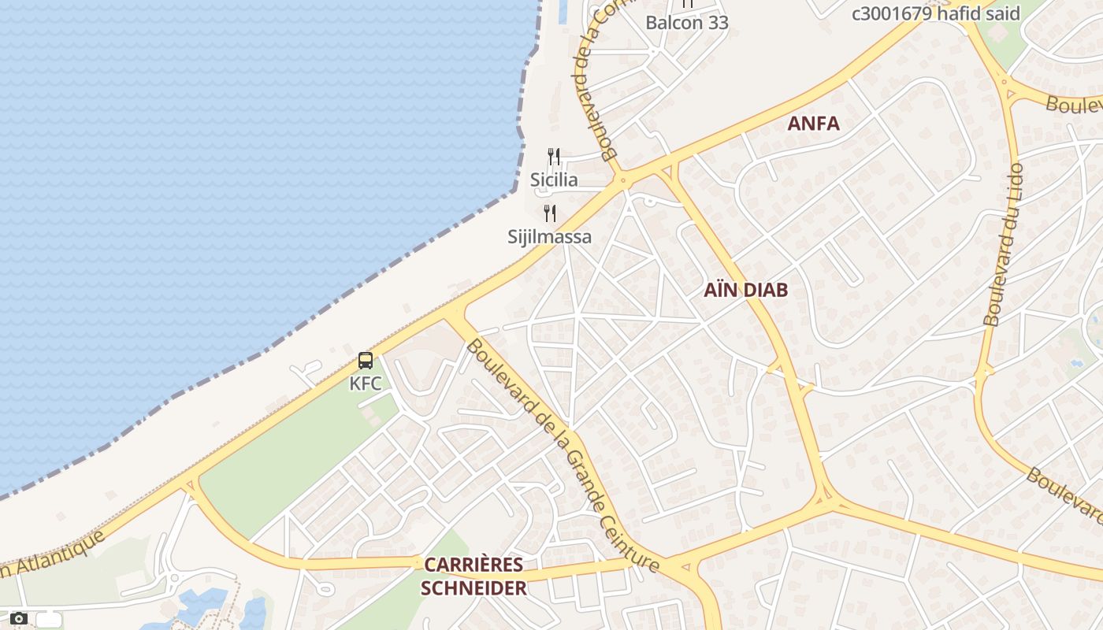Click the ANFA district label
(x=814, y=124)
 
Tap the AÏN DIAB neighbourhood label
(x=745, y=290)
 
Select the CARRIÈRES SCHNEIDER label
(x=473, y=576)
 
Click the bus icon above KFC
(x=366, y=361)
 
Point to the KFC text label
(x=366, y=384)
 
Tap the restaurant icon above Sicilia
(x=554, y=157)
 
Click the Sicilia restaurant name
(x=554, y=180)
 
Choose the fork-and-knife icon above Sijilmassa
(x=550, y=213)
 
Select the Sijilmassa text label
(x=550, y=236)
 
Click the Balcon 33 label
(x=687, y=22)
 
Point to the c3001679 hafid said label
(x=936, y=13)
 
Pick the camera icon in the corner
(x=19, y=619)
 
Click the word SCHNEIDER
(x=473, y=587)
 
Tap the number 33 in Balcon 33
(x=718, y=22)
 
